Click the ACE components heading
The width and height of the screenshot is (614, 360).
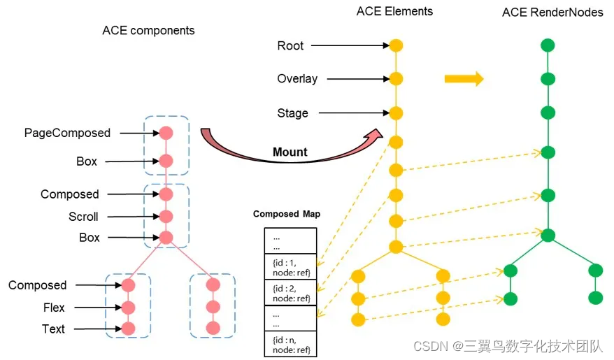[148, 31]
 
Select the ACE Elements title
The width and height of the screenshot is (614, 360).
[394, 11]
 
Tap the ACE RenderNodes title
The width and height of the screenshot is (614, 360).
[552, 13]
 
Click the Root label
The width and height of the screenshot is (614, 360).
[290, 45]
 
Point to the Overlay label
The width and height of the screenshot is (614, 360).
[297, 78]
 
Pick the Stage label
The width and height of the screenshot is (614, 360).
[292, 113]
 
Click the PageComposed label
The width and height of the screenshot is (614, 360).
[67, 133]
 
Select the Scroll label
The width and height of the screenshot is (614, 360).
[83, 216]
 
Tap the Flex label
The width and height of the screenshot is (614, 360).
[54, 308]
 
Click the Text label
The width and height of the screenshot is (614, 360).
[53, 329]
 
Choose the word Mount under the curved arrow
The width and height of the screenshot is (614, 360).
[290, 152]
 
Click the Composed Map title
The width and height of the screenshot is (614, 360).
[287, 214]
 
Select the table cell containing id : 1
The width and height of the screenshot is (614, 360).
[290, 267]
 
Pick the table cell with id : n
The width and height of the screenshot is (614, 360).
[290, 345]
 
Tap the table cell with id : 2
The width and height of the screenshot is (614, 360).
[290, 293]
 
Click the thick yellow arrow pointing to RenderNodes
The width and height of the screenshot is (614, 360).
[464, 78]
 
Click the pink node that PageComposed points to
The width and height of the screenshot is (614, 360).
[166, 133]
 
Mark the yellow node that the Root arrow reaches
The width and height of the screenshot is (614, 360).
[396, 45]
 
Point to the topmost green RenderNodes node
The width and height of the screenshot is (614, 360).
[548, 46]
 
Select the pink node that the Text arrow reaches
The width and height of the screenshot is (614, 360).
[127, 328]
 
